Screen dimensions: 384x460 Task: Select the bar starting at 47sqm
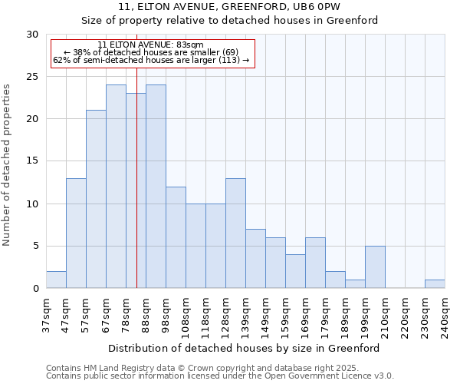coord(76,233)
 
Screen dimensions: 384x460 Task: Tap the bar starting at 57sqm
coord(96,199)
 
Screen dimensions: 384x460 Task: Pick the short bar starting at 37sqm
coord(56,280)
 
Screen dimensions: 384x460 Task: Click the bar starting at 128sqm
coord(235,233)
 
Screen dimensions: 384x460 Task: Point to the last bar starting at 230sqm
coord(435,284)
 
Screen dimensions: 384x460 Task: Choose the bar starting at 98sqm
coord(176,237)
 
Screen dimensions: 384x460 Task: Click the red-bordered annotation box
coord(152,52)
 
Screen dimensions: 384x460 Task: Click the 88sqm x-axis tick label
coord(146,315)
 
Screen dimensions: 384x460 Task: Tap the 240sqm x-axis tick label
coord(445,315)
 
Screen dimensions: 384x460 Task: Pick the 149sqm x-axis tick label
coord(265,315)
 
